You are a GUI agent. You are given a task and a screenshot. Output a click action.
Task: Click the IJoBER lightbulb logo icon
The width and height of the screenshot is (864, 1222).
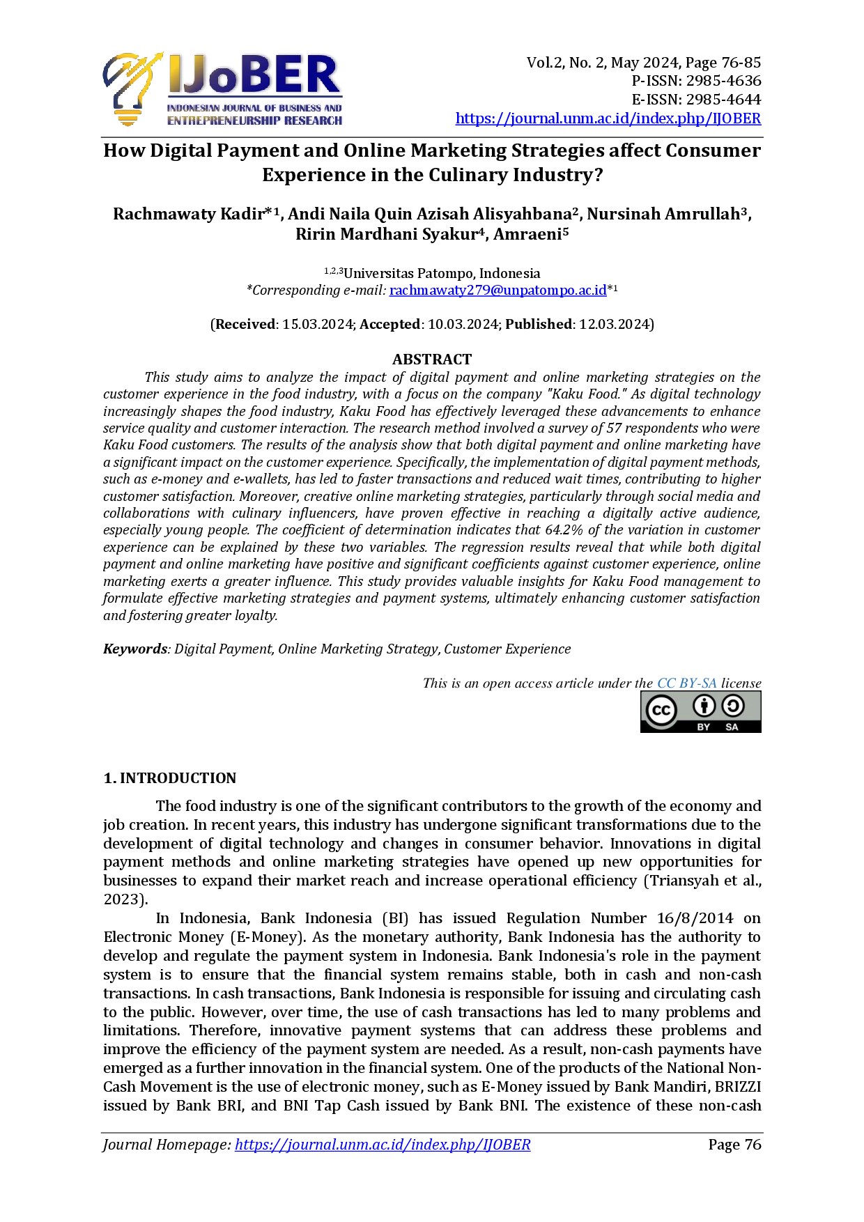click(132, 89)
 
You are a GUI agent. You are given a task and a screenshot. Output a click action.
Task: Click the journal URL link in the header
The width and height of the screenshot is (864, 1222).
click(608, 118)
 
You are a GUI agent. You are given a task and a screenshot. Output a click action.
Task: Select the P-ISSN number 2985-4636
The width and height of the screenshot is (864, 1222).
click(723, 81)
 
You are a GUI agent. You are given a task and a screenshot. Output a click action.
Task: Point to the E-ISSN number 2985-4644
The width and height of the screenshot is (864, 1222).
click(723, 100)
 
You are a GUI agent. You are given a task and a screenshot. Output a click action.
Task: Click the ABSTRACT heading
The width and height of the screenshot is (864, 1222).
click(432, 359)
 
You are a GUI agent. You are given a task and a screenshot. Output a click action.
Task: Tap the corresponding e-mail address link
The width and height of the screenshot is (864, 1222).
click(497, 291)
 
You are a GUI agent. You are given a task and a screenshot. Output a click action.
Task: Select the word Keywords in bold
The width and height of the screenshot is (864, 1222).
click(135, 649)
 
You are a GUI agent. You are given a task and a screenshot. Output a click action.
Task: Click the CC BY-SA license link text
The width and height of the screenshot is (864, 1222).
click(686, 683)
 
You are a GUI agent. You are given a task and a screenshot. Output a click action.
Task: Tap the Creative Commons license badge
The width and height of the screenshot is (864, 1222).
click(700, 712)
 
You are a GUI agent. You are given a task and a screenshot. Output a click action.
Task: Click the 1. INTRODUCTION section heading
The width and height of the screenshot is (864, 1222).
click(170, 778)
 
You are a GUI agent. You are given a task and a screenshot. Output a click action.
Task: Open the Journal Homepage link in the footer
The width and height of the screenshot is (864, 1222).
click(383, 1145)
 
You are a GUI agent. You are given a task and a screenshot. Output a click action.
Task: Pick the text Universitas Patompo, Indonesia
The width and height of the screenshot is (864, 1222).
click(442, 274)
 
